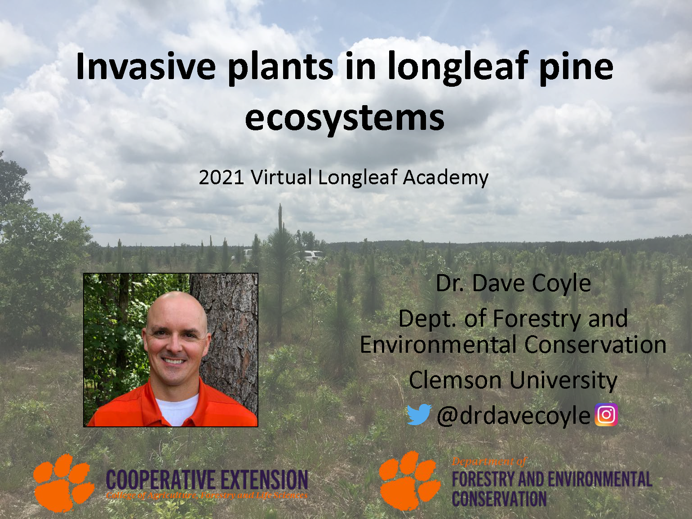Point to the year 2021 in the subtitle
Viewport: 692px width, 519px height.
(221, 177)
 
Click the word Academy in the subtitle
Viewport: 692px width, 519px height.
(445, 177)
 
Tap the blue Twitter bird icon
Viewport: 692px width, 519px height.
(419, 414)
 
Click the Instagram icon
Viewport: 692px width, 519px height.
(606, 414)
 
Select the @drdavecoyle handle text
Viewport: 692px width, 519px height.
(513, 415)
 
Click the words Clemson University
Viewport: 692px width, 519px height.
(513, 380)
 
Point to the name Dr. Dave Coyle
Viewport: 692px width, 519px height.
(513, 284)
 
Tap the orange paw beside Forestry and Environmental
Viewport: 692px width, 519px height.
(409, 480)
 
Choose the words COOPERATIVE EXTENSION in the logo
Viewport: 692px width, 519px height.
(207, 480)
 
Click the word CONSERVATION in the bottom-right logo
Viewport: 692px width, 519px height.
(499, 499)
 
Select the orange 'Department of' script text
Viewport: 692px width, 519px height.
(489, 462)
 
